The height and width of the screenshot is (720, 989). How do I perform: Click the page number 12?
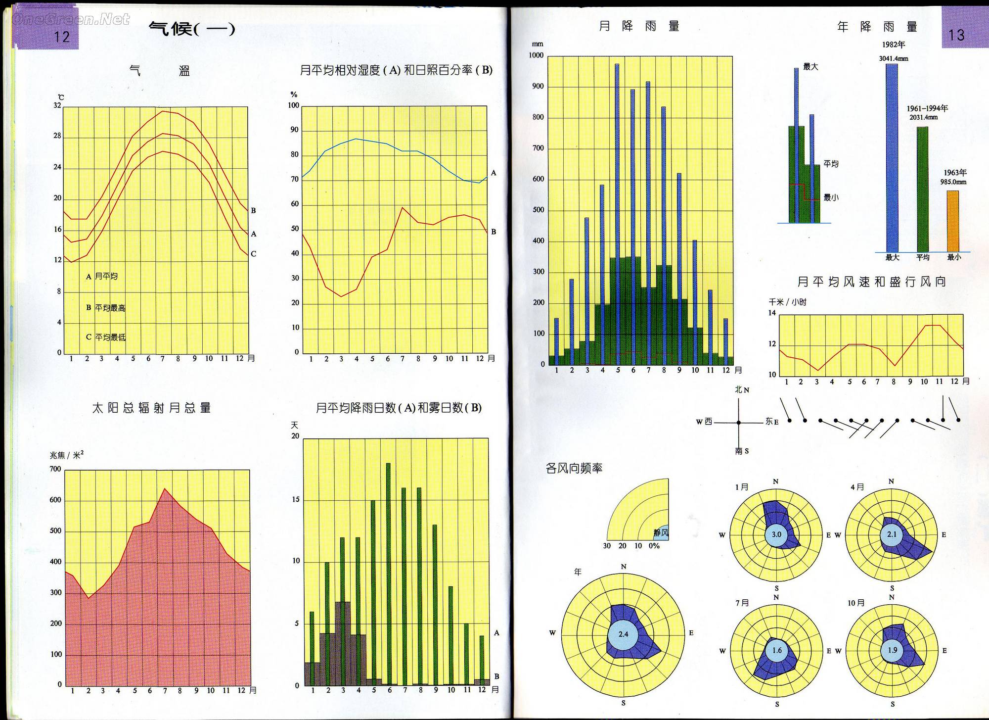[62, 37]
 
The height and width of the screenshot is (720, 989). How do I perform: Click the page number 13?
[956, 35]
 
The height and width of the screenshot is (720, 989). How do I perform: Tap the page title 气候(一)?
[192, 29]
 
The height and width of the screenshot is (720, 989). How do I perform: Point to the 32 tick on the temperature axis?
[57, 105]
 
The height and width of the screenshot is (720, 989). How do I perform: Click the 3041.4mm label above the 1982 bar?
[893, 58]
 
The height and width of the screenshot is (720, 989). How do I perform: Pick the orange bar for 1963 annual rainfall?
[952, 221]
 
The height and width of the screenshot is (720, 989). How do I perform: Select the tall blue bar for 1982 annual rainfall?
[892, 158]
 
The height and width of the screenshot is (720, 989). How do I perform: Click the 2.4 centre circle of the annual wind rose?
[623, 634]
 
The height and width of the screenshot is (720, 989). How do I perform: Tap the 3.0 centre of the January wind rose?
[776, 534]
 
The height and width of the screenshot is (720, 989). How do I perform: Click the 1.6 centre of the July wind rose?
[777, 650]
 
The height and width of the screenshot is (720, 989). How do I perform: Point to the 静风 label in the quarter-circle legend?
[661, 533]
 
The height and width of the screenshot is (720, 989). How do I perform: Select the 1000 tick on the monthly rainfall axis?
[536, 55]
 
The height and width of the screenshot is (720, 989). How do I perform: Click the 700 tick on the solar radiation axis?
[55, 469]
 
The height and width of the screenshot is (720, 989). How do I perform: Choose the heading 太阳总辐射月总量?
[151, 408]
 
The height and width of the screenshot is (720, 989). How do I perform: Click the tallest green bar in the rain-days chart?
[388, 574]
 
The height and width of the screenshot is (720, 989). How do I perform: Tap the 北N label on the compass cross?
[741, 390]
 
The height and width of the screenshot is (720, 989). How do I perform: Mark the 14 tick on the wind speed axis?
[772, 313]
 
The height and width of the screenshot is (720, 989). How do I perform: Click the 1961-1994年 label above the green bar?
[927, 108]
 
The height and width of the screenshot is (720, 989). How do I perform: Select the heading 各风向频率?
[574, 468]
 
